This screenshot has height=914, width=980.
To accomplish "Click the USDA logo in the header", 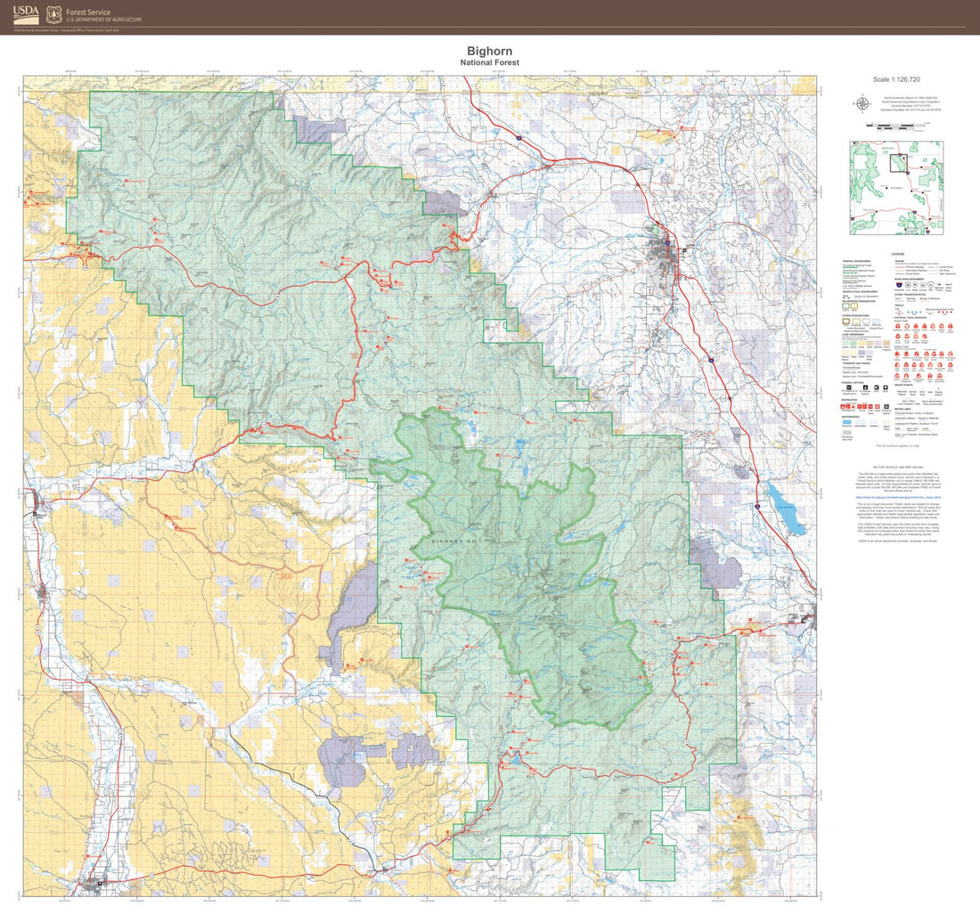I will [25, 13].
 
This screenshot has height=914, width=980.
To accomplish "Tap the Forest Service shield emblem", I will [53, 13].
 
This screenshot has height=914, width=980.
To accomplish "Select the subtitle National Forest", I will [489, 63].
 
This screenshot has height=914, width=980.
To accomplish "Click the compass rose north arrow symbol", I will [863, 103].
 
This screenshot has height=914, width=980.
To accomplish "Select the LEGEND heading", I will [898, 253].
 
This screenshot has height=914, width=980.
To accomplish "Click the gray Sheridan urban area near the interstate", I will [665, 243].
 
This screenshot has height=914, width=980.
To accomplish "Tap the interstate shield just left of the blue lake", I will [755, 504].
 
